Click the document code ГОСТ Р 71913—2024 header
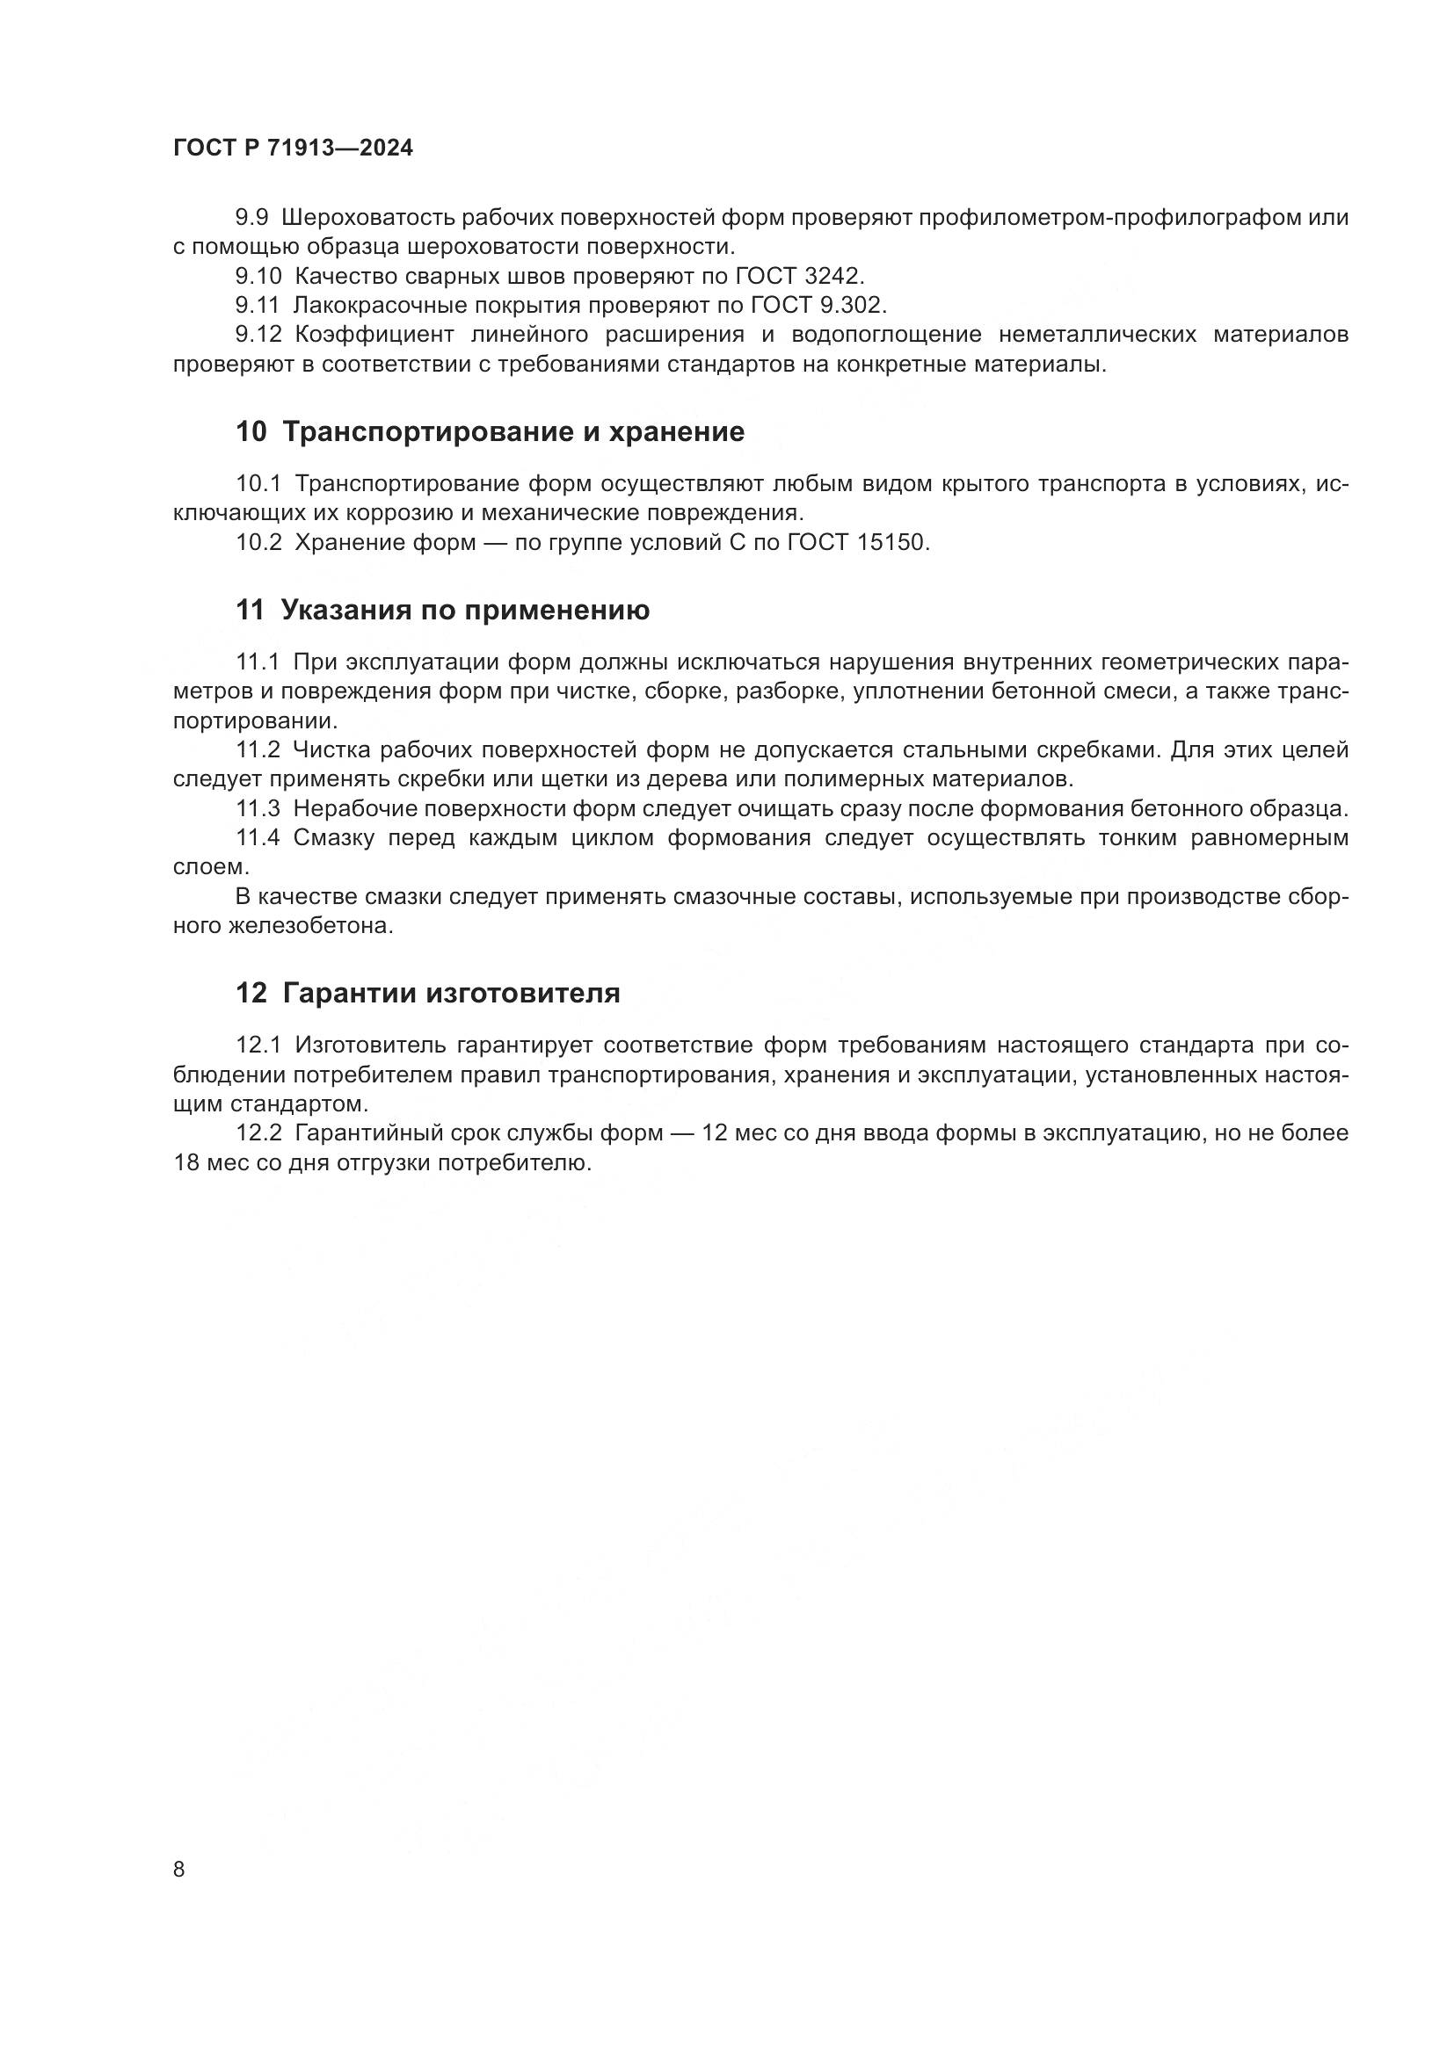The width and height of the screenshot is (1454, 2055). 293,148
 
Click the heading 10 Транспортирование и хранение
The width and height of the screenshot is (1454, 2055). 490,432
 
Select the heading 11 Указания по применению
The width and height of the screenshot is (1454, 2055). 442,611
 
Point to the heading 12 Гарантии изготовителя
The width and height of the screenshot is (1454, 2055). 427,994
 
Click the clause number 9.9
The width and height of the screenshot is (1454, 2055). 251,218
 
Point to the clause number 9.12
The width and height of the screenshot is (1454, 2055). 258,335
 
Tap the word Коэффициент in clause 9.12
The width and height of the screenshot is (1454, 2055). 365,335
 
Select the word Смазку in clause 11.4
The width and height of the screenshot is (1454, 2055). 335,839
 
